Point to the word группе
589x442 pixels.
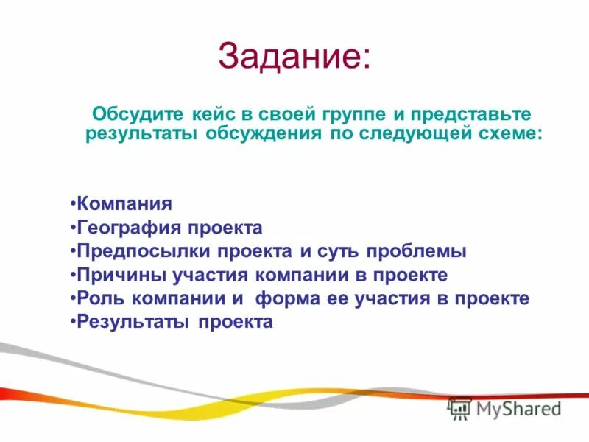(x=353, y=116)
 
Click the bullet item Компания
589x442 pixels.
(x=124, y=203)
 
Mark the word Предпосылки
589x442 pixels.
(x=141, y=251)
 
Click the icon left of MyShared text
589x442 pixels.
(x=459, y=409)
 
